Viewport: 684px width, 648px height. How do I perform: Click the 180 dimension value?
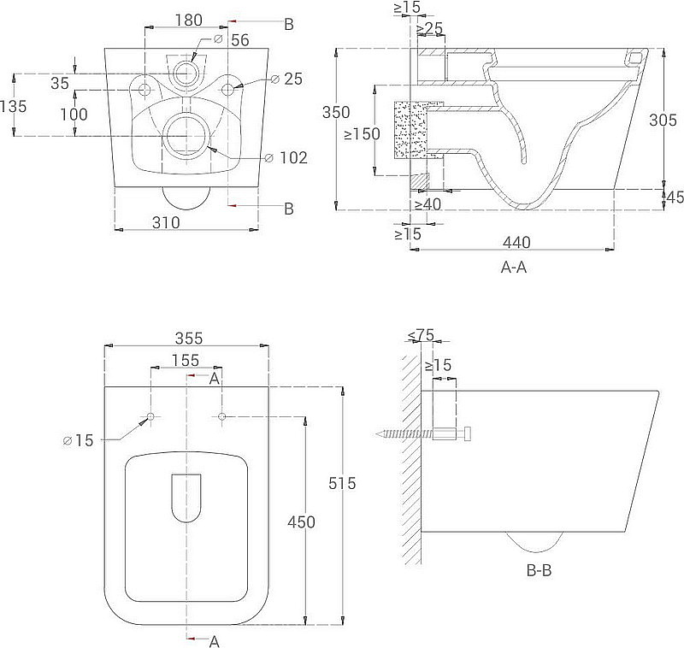pos(188,20)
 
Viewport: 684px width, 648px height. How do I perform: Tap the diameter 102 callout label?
pos(286,157)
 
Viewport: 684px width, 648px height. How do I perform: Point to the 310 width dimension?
pos(166,222)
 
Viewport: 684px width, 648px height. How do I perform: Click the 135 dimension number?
pos(13,106)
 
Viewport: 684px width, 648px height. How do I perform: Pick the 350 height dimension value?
pos(336,112)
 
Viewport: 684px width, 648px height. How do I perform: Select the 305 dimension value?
pos(663,120)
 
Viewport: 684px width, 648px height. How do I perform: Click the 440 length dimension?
pos(516,242)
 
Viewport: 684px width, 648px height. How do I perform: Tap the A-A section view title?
pos(514,267)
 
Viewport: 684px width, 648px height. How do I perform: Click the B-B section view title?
pos(540,570)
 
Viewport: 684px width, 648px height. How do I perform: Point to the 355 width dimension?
pos(189,338)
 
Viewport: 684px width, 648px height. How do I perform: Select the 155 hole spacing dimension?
pos(186,360)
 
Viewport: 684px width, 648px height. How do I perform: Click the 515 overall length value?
pos(342,483)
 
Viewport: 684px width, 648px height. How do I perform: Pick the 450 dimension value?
pos(301,521)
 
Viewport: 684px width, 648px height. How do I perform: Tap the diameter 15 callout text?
pos(79,440)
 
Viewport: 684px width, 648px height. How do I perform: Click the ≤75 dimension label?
pos(422,335)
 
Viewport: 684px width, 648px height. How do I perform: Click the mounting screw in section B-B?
pos(423,434)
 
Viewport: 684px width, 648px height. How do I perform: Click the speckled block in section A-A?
pos(410,129)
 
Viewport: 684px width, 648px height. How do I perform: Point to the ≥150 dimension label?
pos(362,133)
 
